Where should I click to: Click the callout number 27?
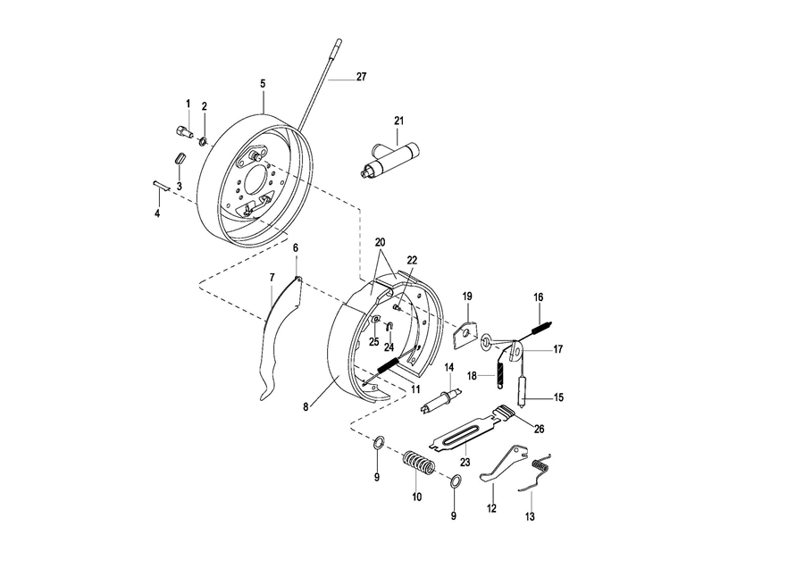click(362, 77)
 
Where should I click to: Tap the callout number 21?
click(399, 121)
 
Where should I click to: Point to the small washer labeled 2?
click(203, 140)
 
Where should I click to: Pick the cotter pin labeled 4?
click(162, 186)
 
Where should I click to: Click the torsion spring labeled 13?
click(536, 471)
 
